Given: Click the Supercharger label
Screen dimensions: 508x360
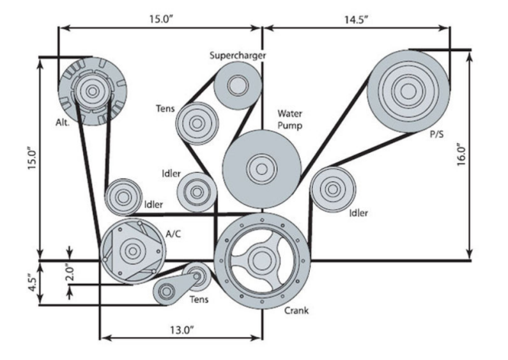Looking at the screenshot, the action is (238, 56).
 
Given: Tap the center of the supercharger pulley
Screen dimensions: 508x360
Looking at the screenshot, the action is (238, 85).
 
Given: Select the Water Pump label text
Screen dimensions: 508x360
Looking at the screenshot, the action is (289, 120).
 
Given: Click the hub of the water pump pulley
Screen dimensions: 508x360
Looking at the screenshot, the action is (262, 169).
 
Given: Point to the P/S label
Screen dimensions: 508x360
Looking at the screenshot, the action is (436, 134).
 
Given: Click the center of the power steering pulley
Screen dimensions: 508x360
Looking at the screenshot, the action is (408, 91).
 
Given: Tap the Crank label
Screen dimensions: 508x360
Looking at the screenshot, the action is (296, 311).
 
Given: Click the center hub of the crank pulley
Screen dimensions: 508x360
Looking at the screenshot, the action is (262, 260).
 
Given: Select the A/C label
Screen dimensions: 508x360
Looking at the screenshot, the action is (173, 234).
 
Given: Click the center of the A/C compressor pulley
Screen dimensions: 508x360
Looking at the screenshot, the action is (132, 251).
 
